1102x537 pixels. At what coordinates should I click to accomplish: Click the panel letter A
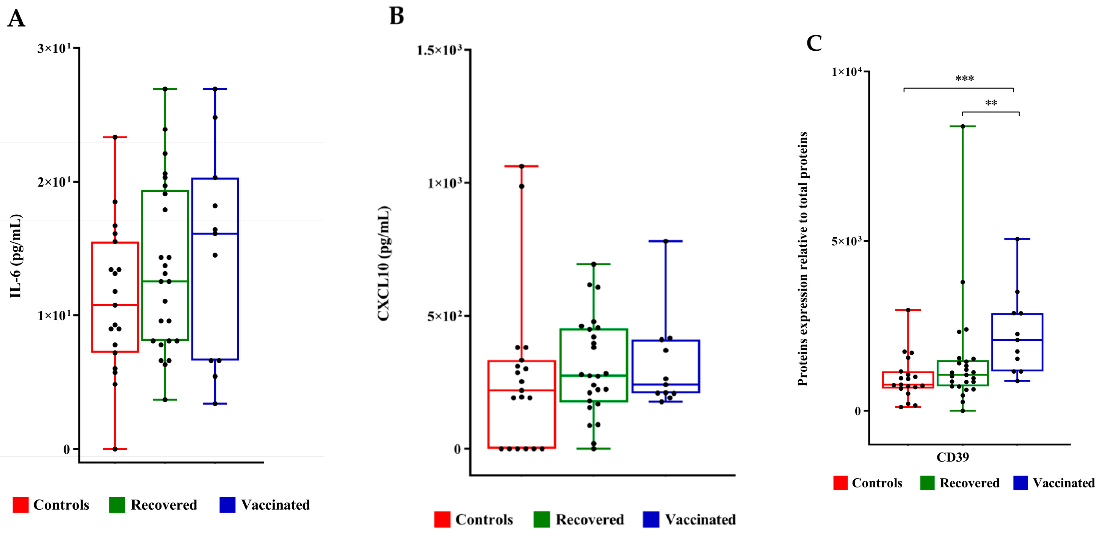(x=16, y=19)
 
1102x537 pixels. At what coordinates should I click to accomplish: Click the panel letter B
(x=397, y=16)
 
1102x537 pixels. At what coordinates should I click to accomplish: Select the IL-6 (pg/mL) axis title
(x=16, y=256)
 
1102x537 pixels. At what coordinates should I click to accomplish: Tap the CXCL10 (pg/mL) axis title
(x=383, y=263)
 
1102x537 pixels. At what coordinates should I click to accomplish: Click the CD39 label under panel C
(x=952, y=457)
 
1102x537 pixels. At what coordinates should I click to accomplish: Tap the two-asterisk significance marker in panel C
(x=991, y=103)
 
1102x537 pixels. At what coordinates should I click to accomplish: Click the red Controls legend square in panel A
(x=20, y=504)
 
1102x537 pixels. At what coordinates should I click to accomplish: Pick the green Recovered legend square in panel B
(x=541, y=519)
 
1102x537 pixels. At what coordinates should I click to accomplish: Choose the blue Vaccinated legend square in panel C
(x=1020, y=483)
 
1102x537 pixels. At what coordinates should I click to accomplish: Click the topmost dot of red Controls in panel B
(x=522, y=166)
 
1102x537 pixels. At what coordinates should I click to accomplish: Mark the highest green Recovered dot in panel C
(x=962, y=127)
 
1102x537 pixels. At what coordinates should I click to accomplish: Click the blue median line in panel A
(x=215, y=233)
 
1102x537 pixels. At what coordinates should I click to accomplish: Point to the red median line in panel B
(x=522, y=390)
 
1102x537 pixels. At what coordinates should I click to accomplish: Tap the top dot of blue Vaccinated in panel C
(x=1017, y=239)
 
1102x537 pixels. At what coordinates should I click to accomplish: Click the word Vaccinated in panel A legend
(x=275, y=505)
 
